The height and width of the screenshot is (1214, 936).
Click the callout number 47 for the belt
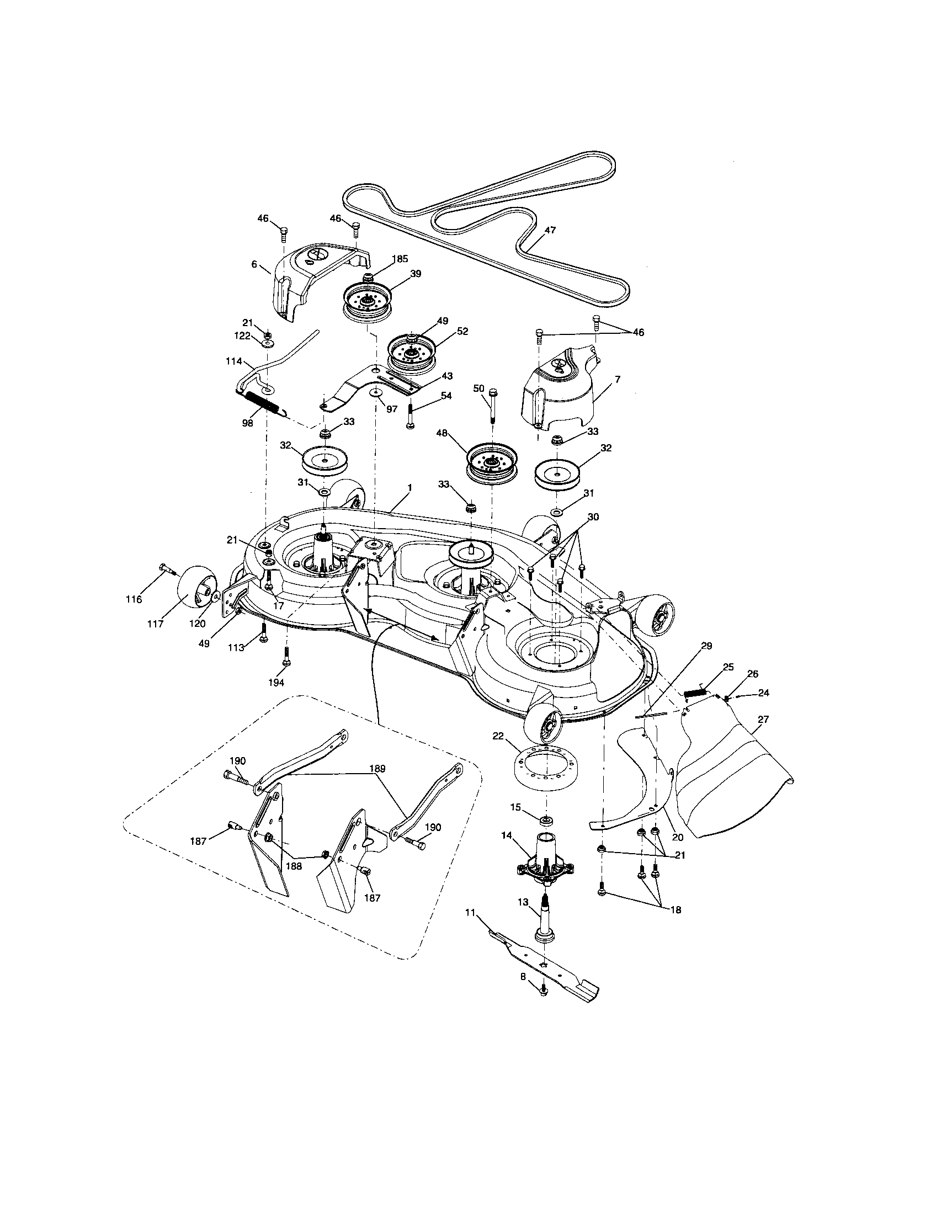(550, 230)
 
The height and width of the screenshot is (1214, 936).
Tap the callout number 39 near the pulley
(416, 274)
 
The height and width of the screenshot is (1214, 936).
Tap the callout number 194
(276, 682)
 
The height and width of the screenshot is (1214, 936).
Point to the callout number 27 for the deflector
(763, 719)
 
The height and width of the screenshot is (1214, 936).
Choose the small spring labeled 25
(695, 693)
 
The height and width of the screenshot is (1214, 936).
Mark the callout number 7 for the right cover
(617, 379)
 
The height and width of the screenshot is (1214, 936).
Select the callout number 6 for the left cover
(254, 264)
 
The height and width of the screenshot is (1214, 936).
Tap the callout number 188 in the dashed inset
(296, 866)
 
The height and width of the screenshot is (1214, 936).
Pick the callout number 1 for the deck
(410, 487)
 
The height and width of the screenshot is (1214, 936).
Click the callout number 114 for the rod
(234, 361)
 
